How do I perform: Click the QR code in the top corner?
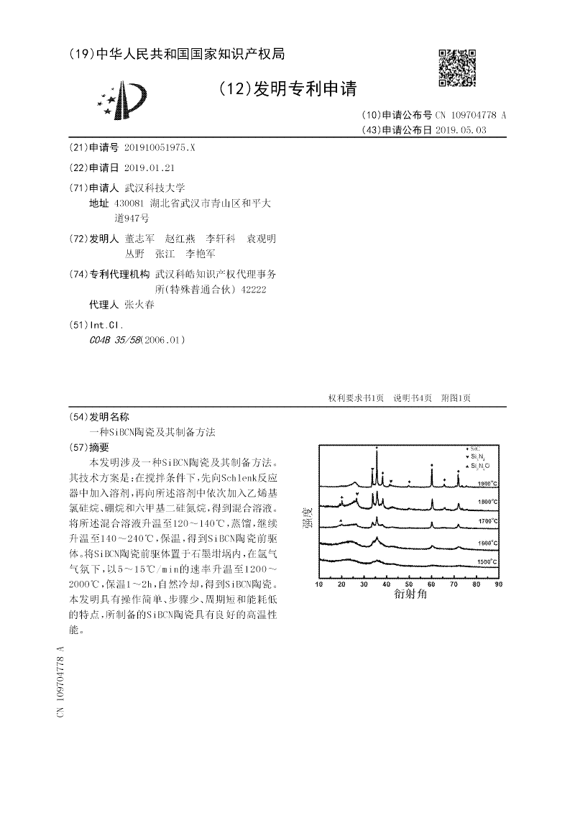click(458, 68)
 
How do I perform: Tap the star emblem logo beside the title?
click(123, 100)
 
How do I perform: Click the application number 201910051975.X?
click(159, 147)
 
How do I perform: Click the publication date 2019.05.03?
click(460, 130)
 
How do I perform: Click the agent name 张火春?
click(139, 304)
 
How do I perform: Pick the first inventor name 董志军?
click(139, 239)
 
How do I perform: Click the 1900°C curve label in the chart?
click(487, 484)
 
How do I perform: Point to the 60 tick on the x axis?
click(431, 584)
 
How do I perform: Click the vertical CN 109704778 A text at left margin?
click(60, 682)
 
